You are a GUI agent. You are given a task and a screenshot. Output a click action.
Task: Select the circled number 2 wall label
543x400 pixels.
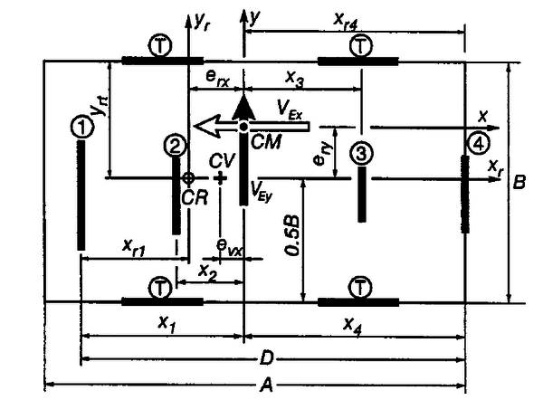click(x=176, y=143)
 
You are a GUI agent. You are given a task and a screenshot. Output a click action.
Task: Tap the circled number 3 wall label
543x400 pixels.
click(x=360, y=152)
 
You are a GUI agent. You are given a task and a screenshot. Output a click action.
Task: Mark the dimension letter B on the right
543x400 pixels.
click(x=519, y=182)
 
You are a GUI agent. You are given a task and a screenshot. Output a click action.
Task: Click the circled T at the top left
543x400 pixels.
click(x=161, y=44)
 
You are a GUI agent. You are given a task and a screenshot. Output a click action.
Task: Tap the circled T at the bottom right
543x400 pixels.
click(x=359, y=287)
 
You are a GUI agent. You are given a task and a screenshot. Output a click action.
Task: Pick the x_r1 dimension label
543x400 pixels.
click(x=137, y=244)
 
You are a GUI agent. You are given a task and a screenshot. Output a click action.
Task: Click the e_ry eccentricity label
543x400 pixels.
click(x=319, y=158)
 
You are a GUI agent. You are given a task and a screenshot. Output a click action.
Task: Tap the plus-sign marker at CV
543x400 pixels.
click(x=220, y=178)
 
